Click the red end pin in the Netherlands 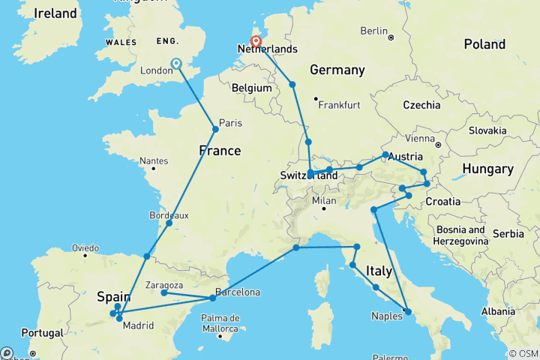pyautogui.click(x=256, y=42)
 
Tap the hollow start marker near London pyautogui.click(x=176, y=64)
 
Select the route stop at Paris pyautogui.click(x=216, y=130)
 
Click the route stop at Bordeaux pyautogui.click(x=169, y=223)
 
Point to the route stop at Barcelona pyautogui.click(x=213, y=298)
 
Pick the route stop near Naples pyautogui.click(x=407, y=310)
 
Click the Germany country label pyautogui.click(x=336, y=70)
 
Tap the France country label pyautogui.click(x=220, y=151)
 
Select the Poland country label pyautogui.click(x=484, y=45)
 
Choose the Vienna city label pyautogui.click(x=418, y=139)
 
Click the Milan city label pyautogui.click(x=325, y=201)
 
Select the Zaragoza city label pyautogui.click(x=166, y=285)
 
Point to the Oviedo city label pyautogui.click(x=85, y=247)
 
